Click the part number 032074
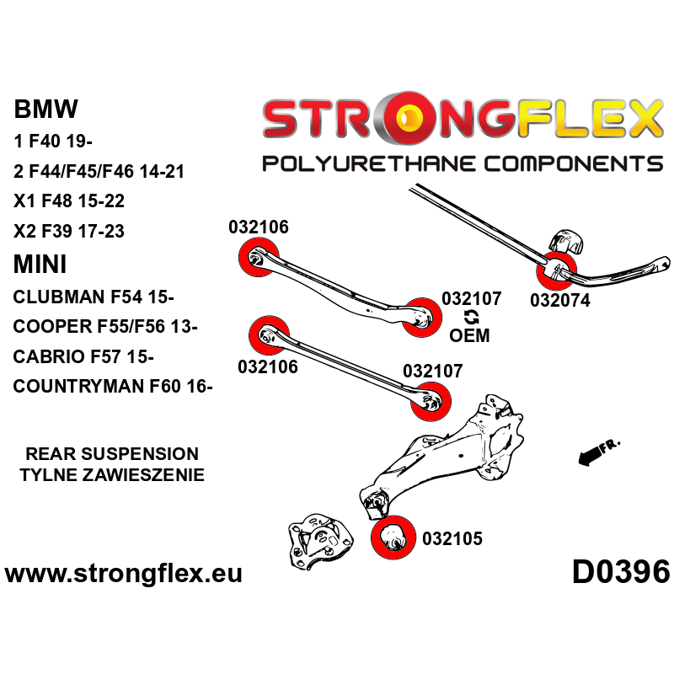(560, 300)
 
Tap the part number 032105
(452, 538)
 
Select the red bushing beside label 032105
(391, 535)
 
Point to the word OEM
(469, 336)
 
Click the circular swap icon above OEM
(470, 317)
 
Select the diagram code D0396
(621, 573)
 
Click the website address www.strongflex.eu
(124, 575)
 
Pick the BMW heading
(46, 109)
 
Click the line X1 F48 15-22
(69, 201)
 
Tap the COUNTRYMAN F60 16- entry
(114, 387)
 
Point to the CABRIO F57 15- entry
(83, 357)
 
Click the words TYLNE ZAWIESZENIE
(112, 475)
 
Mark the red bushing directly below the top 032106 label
(259, 257)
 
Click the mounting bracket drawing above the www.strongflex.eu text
(317, 539)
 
